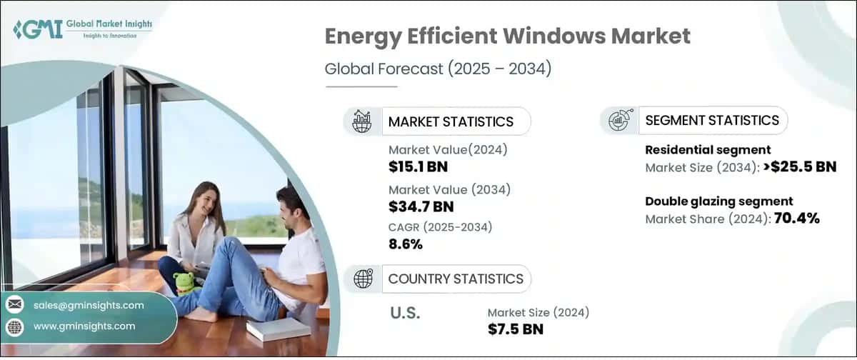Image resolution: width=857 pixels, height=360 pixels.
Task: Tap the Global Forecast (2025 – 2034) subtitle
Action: tap(438, 69)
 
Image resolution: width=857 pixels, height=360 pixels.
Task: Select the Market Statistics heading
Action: tap(450, 121)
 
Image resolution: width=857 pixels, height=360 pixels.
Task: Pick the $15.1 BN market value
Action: tap(418, 167)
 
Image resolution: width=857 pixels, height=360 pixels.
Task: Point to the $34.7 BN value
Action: tap(421, 207)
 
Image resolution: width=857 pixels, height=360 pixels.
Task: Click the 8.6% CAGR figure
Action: tap(406, 244)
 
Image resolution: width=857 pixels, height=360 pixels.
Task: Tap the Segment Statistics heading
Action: tap(712, 120)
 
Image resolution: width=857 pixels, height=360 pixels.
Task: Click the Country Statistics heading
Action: tap(455, 279)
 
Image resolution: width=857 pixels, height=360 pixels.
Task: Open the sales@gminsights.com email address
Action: tap(89, 305)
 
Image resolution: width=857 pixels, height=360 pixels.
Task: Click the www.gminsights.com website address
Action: tap(84, 326)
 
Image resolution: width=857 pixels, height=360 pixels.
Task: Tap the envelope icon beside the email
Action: tap(14, 305)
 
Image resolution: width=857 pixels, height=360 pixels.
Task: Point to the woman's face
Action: tap(199, 198)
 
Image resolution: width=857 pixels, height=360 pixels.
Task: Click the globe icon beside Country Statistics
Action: tap(363, 279)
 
